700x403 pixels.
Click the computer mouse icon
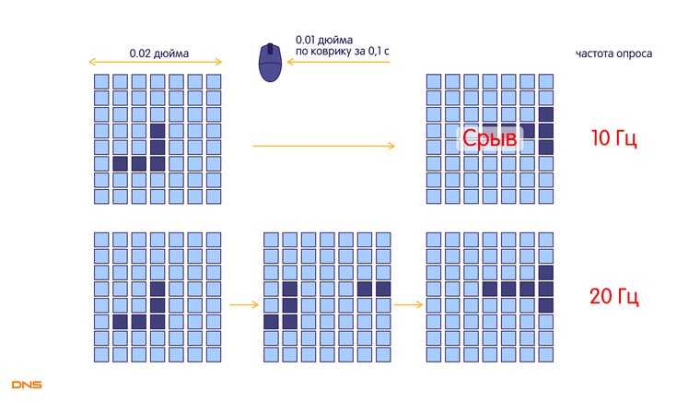click(270, 62)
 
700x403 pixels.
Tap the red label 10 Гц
click(613, 139)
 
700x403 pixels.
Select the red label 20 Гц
click(613, 297)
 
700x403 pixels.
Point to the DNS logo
click(27, 384)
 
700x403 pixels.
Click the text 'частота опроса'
click(614, 53)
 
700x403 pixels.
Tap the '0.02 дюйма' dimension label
click(158, 53)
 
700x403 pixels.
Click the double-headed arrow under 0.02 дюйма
click(156, 63)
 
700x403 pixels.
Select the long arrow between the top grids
click(323, 146)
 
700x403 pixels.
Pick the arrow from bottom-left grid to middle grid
click(242, 303)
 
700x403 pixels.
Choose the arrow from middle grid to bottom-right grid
click(407, 303)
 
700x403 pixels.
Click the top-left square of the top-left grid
click(101, 81)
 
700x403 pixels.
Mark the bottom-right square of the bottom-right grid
click(545, 354)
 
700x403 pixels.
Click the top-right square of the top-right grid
click(545, 81)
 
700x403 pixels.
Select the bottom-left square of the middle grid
click(271, 354)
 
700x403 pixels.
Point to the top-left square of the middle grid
click(271, 239)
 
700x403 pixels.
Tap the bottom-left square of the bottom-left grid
click(101, 354)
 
